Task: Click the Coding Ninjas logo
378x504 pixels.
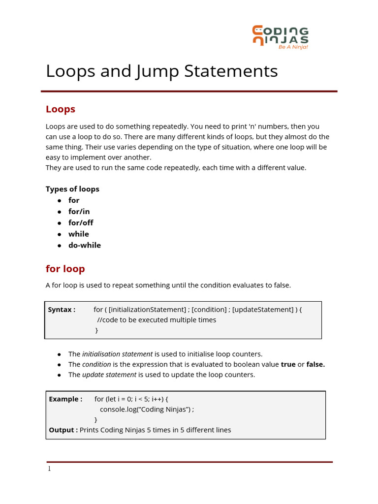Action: point(280,37)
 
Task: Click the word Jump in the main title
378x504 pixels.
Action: point(157,71)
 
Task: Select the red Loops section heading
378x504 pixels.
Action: point(60,109)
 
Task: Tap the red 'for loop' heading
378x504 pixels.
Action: point(65,269)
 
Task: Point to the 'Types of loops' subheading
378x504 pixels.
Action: point(72,189)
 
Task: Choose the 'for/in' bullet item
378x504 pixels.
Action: point(79,211)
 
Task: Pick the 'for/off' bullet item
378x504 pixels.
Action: point(81,222)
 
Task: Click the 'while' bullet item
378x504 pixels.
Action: point(78,234)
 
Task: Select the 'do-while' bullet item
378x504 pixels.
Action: point(84,245)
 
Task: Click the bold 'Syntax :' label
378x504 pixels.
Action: point(62,310)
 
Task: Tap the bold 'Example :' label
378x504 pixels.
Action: point(65,399)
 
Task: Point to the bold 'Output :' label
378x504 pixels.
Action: point(63,430)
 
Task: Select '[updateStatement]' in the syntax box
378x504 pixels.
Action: point(262,310)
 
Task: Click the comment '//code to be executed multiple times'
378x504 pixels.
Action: point(157,320)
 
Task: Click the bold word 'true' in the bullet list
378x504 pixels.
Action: point(288,364)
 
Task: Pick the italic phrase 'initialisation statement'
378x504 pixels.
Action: point(117,354)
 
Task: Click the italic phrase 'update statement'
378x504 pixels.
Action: point(109,375)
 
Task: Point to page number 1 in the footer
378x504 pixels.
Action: point(49,469)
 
